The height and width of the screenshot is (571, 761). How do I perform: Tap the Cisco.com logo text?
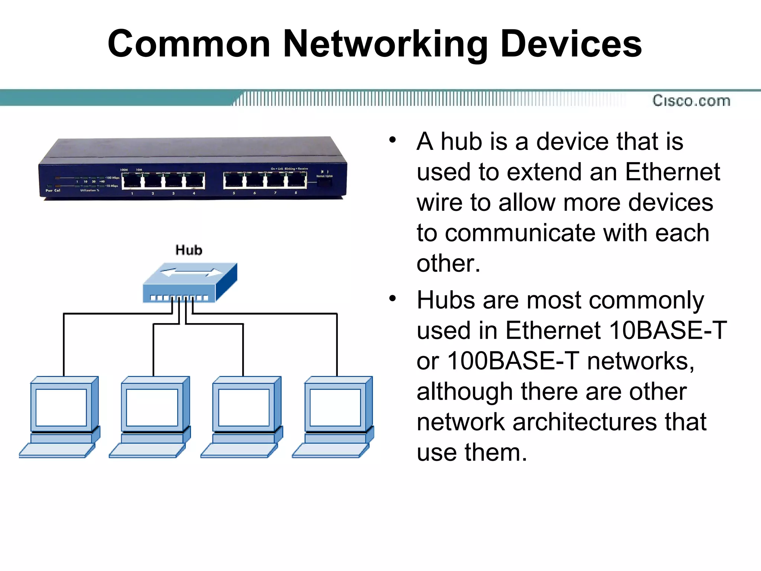(691, 101)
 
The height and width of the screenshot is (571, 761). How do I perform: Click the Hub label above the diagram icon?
(189, 250)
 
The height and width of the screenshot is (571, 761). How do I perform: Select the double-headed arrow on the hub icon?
(191, 273)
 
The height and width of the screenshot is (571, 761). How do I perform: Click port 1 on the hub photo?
(132, 181)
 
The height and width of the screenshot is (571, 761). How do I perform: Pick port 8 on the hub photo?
(296, 180)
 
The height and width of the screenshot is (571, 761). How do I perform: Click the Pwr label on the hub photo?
(49, 190)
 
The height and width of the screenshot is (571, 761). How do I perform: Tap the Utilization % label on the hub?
(90, 190)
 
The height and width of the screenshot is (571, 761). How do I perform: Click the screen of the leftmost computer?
(61, 407)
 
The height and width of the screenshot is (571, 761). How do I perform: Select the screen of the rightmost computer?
(335, 407)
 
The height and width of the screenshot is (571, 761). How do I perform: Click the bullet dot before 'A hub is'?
(392, 141)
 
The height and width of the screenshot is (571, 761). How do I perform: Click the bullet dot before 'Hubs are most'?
(392, 299)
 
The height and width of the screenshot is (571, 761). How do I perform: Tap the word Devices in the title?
(571, 45)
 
